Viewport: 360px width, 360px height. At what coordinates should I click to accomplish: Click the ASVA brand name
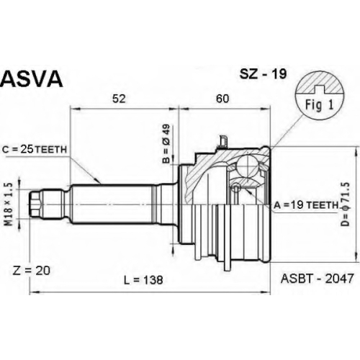[32, 79]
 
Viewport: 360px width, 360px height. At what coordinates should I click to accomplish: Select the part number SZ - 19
[263, 74]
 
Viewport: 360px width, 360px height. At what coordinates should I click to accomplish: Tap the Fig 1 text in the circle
[319, 105]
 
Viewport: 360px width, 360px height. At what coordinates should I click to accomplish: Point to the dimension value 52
[119, 99]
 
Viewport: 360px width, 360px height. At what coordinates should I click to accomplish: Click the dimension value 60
[222, 99]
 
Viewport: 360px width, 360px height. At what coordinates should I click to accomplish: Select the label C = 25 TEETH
[35, 150]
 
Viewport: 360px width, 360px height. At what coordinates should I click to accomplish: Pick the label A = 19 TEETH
[306, 204]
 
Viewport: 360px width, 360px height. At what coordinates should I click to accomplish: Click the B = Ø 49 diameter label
[166, 143]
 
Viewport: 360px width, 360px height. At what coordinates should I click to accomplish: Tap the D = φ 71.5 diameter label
[346, 204]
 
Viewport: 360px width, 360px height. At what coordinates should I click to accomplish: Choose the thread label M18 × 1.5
[9, 204]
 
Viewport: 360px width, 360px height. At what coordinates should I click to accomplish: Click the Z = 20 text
[31, 271]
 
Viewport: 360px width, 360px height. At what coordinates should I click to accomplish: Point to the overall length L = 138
[143, 279]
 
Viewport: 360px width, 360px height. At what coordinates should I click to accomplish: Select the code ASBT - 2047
[317, 279]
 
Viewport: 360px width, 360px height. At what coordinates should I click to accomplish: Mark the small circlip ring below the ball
[236, 186]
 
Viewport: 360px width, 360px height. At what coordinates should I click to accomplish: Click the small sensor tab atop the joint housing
[222, 141]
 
